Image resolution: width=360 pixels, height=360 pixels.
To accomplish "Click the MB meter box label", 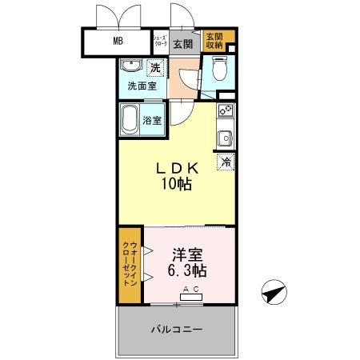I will click(118, 42).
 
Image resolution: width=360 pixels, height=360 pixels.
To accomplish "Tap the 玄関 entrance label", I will click(182, 43).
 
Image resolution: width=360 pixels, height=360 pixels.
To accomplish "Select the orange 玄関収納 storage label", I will click(214, 42).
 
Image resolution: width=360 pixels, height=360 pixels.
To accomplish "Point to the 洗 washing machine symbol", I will click(155, 68).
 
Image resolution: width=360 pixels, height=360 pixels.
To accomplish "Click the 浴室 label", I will click(152, 121).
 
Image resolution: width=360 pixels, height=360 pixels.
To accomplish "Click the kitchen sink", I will click(226, 137).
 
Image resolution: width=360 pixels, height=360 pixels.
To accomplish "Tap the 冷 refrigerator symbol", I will click(226, 162).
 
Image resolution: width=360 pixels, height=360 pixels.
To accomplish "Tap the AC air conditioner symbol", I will click(192, 295).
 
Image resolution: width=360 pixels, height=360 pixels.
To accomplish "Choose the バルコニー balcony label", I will click(176, 330).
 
